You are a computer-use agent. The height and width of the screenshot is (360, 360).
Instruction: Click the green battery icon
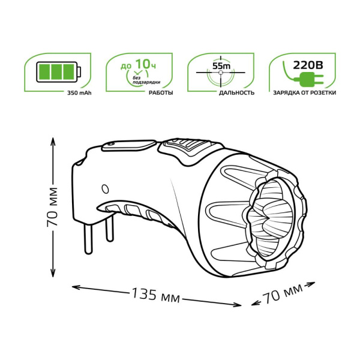click(59, 73)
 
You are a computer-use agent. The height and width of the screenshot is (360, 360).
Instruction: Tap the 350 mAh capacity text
click(80, 93)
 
